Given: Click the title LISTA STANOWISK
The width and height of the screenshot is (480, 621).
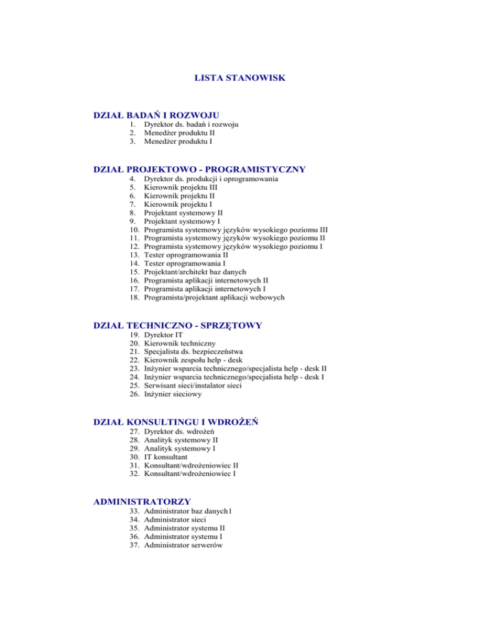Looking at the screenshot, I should pyautogui.click(x=240, y=79).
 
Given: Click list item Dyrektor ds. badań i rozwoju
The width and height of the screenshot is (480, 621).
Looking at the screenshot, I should pyautogui.click(x=192, y=124).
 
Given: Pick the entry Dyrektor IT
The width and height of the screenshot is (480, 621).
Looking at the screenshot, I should pyautogui.click(x=160, y=335).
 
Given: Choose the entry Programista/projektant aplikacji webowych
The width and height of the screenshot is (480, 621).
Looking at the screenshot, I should pyautogui.click(x=214, y=298).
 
